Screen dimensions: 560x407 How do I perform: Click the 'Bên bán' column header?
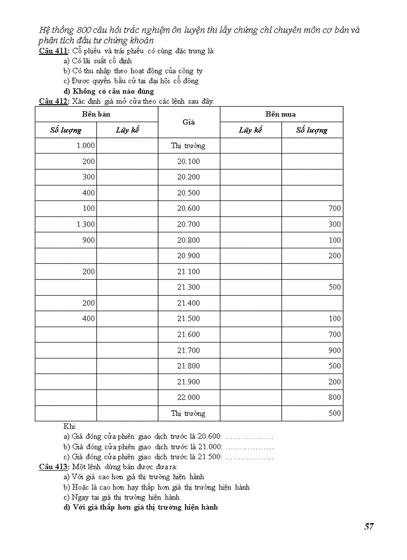96,114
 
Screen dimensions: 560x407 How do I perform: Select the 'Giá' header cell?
188,122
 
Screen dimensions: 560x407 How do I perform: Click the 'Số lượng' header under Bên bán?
66,130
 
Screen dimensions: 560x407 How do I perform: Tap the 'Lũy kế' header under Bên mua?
250,130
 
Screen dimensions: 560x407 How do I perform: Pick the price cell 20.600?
188,208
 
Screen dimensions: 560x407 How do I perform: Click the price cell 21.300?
188,287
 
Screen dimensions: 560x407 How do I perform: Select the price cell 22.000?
188,397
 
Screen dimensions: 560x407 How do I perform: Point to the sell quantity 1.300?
86,224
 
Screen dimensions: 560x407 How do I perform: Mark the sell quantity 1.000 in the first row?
85,146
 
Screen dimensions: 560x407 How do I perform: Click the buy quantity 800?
335,397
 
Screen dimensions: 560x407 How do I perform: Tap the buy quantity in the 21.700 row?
335,351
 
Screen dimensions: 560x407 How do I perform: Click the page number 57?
369,527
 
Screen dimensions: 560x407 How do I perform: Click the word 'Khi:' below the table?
69,426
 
